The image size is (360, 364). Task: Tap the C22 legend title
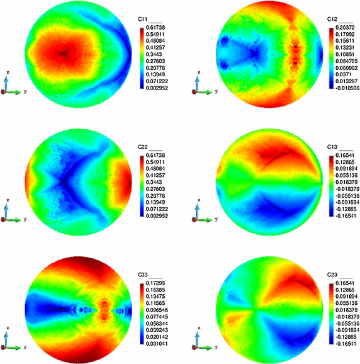[x=142, y=146]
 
